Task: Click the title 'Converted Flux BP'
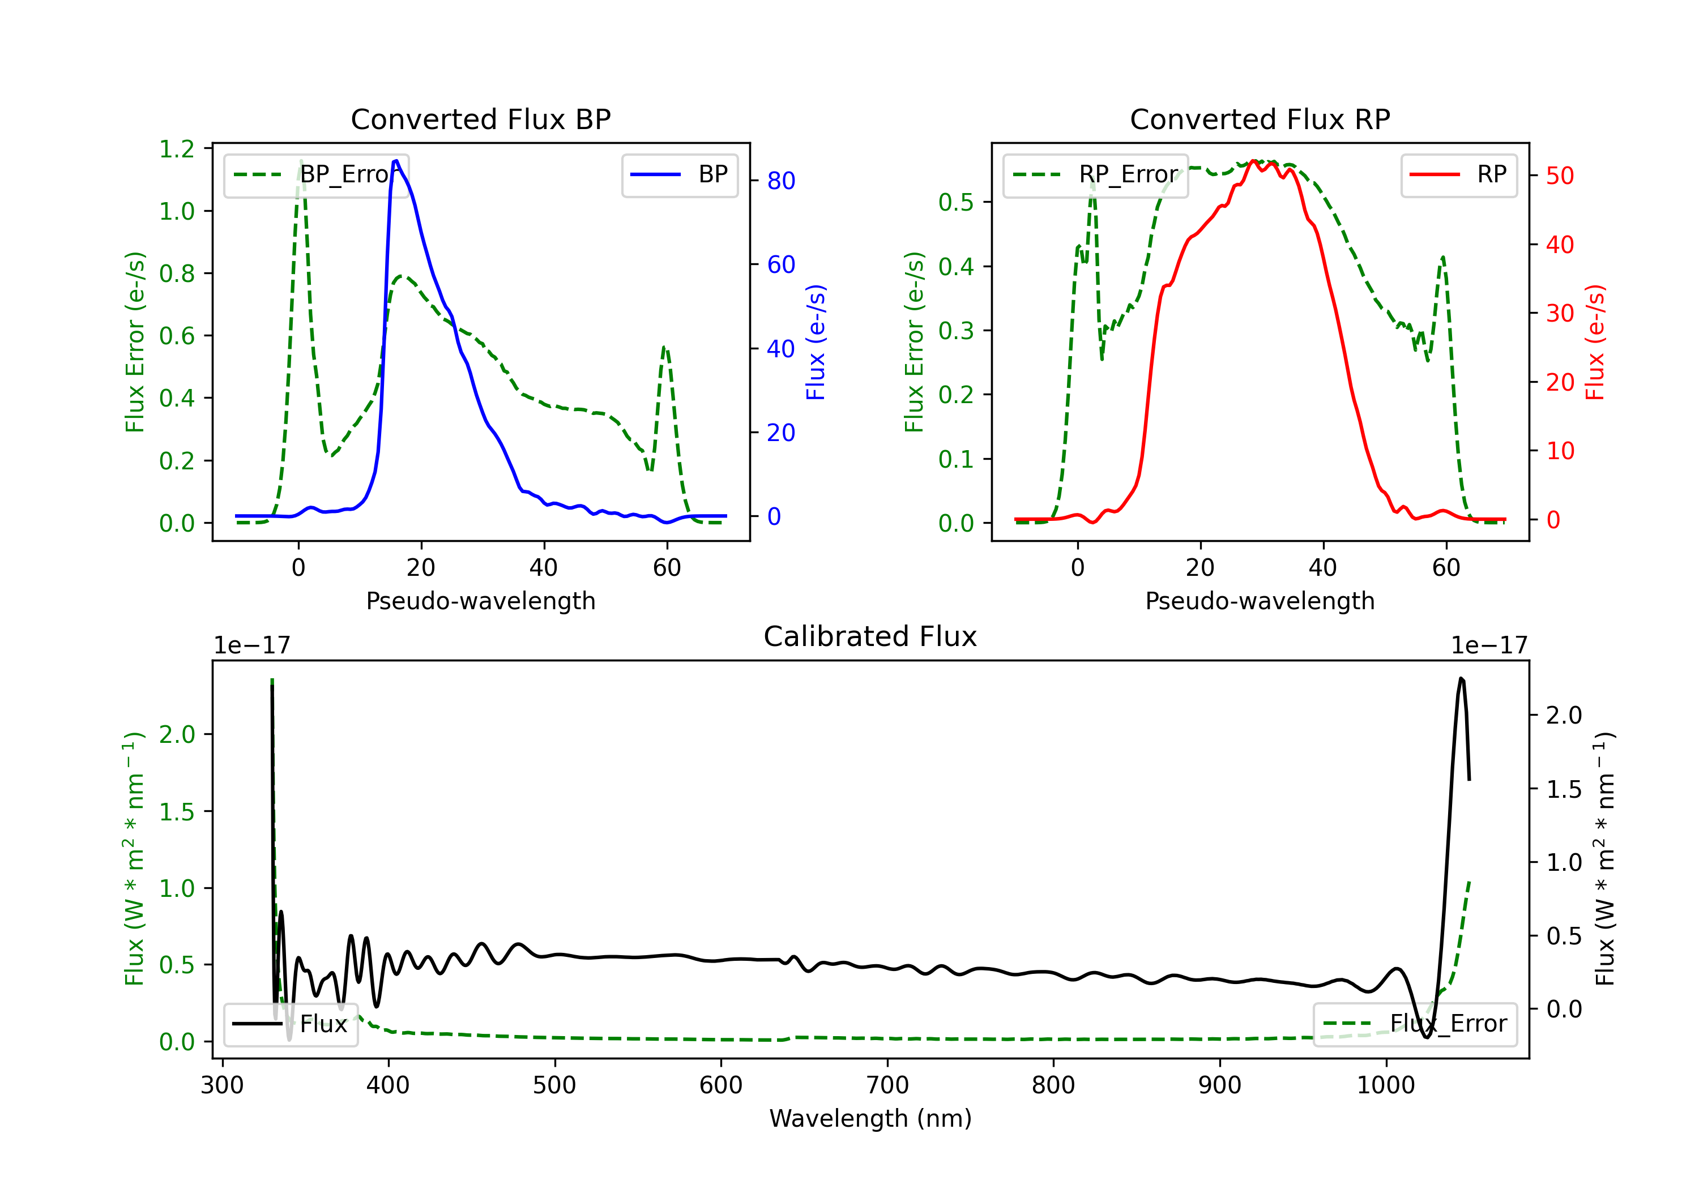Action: tap(480, 119)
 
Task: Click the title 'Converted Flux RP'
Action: tap(1260, 119)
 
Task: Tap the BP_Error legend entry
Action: tap(316, 174)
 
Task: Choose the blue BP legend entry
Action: tap(679, 174)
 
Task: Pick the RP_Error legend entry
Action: tap(1095, 174)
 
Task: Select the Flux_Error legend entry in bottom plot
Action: tap(1415, 1024)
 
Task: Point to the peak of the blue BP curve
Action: tap(396, 161)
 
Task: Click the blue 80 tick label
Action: tap(780, 181)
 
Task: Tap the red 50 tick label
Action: tap(1560, 176)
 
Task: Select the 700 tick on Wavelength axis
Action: tap(887, 1085)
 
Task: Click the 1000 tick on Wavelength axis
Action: tap(1385, 1085)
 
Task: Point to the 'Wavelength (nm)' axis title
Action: tap(870, 1118)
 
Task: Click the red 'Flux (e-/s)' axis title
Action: tap(1595, 342)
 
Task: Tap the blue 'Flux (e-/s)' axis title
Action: tap(816, 342)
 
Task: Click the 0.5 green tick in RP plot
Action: tap(955, 202)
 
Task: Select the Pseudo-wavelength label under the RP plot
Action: tap(1260, 601)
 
